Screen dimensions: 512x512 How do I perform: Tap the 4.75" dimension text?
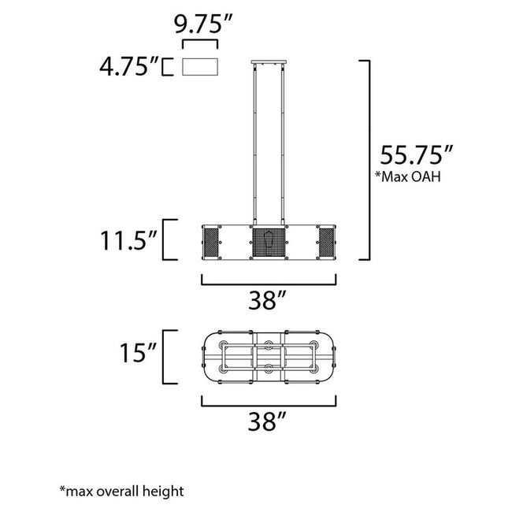tap(128, 65)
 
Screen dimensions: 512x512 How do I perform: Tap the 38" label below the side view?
tap(268, 299)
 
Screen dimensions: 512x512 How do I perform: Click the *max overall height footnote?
tap(121, 491)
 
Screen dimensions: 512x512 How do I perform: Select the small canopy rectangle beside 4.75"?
tap(200, 66)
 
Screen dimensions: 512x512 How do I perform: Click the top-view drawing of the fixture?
tap(269, 358)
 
